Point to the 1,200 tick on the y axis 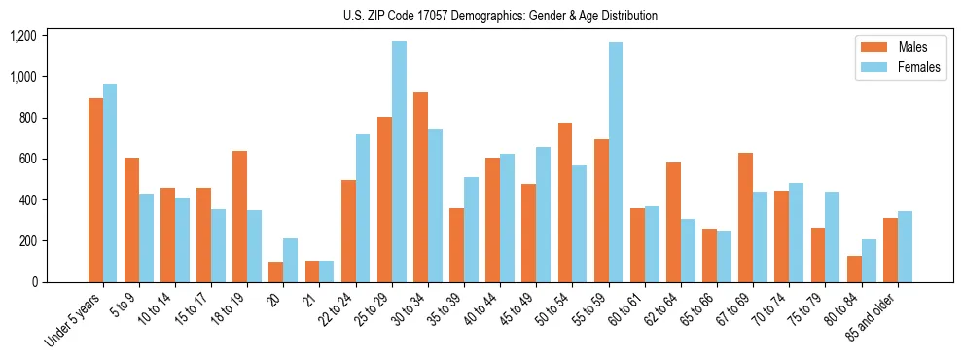pos(22,36)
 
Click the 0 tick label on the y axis pos(34,282)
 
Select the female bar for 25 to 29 pos(399,162)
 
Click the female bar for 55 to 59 pos(616,162)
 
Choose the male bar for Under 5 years pos(95,190)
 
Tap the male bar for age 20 pos(276,271)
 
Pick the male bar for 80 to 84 pos(854,269)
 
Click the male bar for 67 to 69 pos(745,217)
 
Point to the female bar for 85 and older pos(905,246)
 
